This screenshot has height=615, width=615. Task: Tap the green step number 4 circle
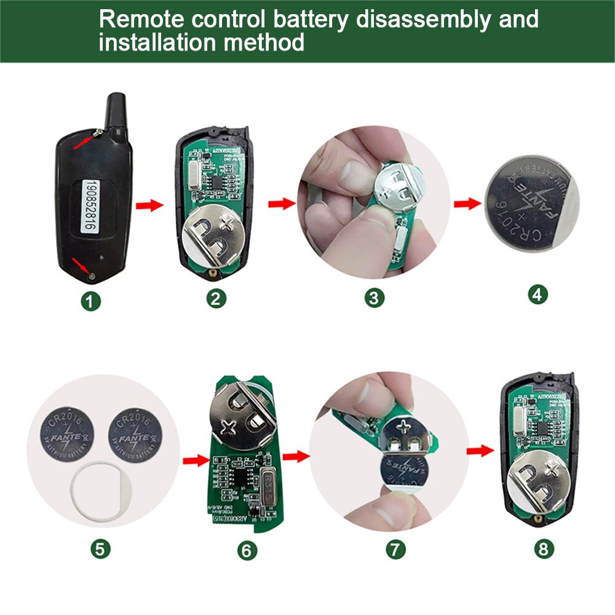538,294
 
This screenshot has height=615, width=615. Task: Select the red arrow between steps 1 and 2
149,204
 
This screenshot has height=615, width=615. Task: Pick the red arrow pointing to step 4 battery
467,204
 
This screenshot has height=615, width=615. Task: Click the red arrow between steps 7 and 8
480,451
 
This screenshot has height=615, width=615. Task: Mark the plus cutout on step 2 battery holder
230,221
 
